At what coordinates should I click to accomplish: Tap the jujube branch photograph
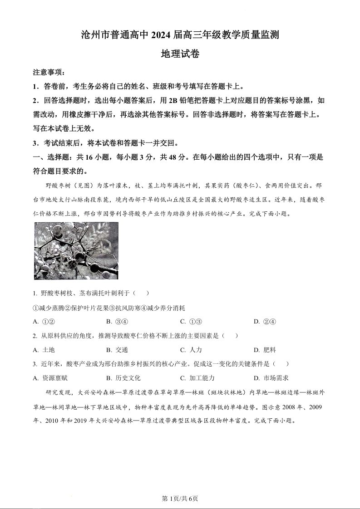[76, 250]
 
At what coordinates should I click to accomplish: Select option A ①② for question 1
[44, 322]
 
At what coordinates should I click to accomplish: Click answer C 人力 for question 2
[191, 350]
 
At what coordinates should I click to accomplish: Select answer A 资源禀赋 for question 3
[50, 378]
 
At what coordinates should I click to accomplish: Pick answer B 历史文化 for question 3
[123, 378]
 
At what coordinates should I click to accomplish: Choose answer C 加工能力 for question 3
[197, 378]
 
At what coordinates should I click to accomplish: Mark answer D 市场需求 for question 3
[271, 378]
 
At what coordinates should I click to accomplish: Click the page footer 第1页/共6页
[180, 499]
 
